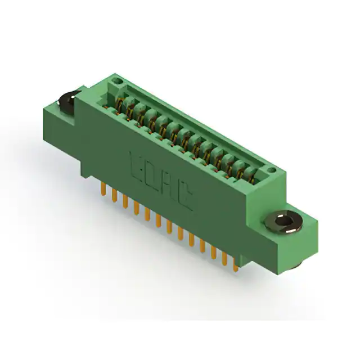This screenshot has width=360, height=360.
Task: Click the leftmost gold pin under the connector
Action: [x=103, y=189]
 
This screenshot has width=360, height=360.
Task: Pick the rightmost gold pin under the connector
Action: [x=236, y=265]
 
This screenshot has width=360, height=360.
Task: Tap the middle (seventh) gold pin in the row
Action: [x=169, y=227]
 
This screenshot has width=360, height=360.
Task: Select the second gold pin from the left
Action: [x=114, y=195]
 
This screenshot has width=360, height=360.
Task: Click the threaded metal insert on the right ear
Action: [x=283, y=222]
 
